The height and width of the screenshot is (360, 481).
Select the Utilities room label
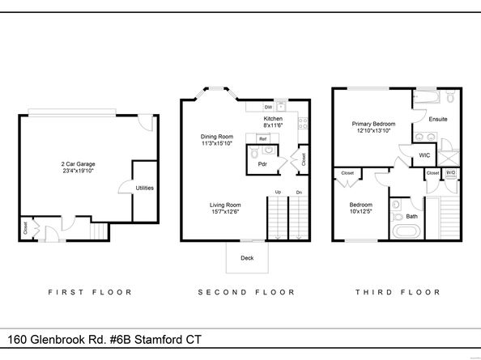145,188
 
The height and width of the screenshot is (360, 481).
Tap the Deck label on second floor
246,259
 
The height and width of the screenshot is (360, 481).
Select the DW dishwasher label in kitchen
268,108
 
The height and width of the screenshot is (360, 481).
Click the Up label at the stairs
277,192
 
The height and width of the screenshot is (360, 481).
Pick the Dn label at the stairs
298,192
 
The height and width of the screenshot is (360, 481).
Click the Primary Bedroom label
372,125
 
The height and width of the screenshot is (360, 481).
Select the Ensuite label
438,120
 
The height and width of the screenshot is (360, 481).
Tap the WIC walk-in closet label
424,155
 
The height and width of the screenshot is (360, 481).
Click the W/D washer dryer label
450,172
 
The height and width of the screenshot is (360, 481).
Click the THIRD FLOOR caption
397,292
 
